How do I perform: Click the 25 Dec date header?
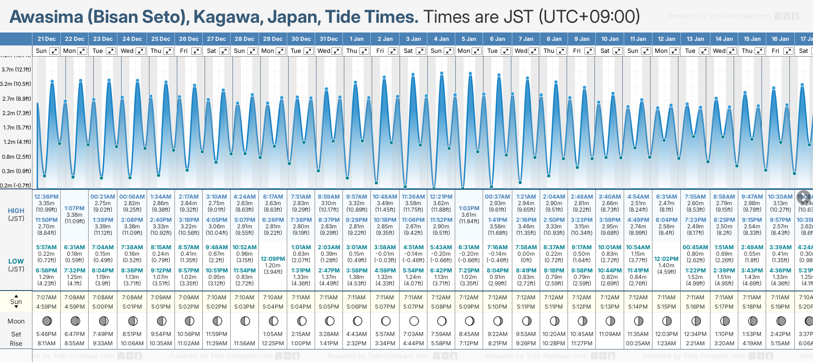(x=161, y=39)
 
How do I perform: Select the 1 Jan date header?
(x=356, y=39)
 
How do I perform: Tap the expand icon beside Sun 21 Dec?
(x=54, y=51)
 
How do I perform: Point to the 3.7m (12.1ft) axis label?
(x=16, y=70)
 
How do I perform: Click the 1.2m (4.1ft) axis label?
(x=16, y=142)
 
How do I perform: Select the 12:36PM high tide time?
(x=46, y=197)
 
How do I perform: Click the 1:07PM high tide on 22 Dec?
(x=75, y=208)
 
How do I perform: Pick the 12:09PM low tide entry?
(x=273, y=259)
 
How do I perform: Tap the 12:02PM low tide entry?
(x=666, y=259)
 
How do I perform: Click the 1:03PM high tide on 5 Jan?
(x=469, y=208)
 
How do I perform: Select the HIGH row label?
(x=16, y=211)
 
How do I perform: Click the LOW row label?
(x=16, y=261)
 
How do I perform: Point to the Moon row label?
(x=16, y=321)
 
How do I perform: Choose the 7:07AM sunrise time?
(x=46, y=297)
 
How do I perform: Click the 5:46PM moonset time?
(x=46, y=334)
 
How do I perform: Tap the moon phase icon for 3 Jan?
(x=414, y=321)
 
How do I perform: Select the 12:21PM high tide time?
(x=441, y=197)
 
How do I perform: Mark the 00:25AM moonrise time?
(x=638, y=343)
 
